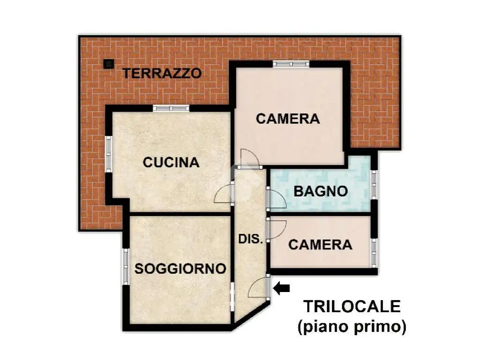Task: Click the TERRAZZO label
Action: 162,74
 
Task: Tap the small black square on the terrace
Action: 108,64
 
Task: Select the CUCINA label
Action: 171,163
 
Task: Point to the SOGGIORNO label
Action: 180,269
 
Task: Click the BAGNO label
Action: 321,191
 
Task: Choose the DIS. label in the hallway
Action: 251,239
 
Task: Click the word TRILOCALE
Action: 352,307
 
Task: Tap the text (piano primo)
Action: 352,327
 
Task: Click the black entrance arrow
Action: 281,288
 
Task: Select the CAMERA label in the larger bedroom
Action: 288,119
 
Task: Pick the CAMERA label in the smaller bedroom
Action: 320,245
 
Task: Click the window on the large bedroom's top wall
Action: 291,64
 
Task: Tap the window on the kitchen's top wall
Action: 171,108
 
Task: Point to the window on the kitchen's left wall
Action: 108,154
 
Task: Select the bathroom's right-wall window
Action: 374,185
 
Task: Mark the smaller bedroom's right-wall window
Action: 374,253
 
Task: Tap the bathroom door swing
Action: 277,199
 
